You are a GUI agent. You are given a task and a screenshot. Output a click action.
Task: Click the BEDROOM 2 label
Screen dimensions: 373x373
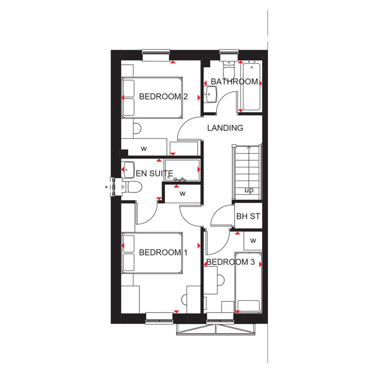163,97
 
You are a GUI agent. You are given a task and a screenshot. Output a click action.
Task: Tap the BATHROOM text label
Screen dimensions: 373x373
234,81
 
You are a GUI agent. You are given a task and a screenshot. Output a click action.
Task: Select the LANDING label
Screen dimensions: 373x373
225,128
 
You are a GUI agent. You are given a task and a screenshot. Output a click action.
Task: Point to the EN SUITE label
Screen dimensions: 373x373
155,173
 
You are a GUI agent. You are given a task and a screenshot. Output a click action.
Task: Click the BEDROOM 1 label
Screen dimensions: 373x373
163,252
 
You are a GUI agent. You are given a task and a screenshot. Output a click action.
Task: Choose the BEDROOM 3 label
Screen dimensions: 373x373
231,262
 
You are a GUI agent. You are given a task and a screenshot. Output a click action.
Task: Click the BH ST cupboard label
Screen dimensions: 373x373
248,216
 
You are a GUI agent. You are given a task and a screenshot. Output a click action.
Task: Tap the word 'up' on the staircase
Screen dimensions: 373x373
249,190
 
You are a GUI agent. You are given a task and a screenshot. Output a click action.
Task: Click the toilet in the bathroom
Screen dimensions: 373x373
229,69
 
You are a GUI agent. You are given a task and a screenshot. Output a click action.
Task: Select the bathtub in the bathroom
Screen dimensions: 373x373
251,86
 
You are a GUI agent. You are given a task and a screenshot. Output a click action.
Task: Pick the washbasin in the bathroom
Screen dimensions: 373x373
211,94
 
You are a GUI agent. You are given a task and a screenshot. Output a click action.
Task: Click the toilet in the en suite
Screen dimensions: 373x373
132,187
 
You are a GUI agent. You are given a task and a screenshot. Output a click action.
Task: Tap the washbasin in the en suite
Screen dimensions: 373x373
128,170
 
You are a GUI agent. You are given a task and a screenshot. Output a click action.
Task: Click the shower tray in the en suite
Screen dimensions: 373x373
182,170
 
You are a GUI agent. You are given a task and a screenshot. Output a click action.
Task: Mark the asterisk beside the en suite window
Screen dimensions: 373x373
106,187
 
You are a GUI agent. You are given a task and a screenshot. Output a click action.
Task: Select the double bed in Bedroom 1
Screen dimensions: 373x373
152,253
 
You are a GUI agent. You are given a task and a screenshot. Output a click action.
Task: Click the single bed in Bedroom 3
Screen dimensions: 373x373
248,282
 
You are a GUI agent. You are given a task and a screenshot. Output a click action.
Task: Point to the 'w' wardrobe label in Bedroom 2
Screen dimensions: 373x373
144,149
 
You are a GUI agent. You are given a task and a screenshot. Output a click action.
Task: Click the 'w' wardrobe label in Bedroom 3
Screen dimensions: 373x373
253,241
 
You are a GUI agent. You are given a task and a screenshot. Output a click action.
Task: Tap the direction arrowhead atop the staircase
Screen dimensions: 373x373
249,148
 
